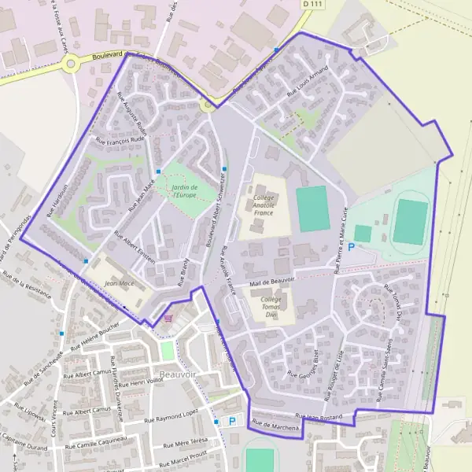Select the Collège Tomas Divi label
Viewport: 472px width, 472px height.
271,307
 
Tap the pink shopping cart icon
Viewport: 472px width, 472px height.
168,318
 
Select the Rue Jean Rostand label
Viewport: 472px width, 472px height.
321,415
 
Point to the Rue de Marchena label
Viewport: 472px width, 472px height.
276,426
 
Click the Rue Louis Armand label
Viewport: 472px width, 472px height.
307,82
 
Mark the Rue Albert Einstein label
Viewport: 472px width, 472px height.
135,247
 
